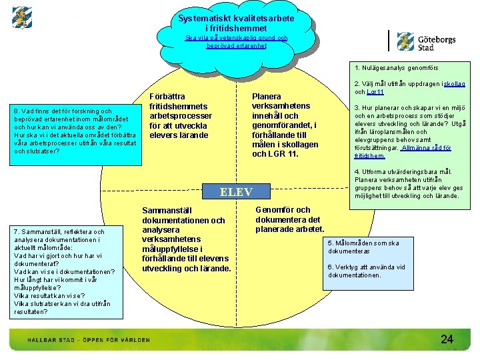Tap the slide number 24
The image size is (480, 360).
447,339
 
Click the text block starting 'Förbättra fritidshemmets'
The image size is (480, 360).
178,116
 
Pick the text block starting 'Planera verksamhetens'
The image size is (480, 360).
285,125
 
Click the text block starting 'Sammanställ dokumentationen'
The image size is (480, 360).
186,239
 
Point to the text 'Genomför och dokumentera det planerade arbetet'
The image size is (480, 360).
289,220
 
